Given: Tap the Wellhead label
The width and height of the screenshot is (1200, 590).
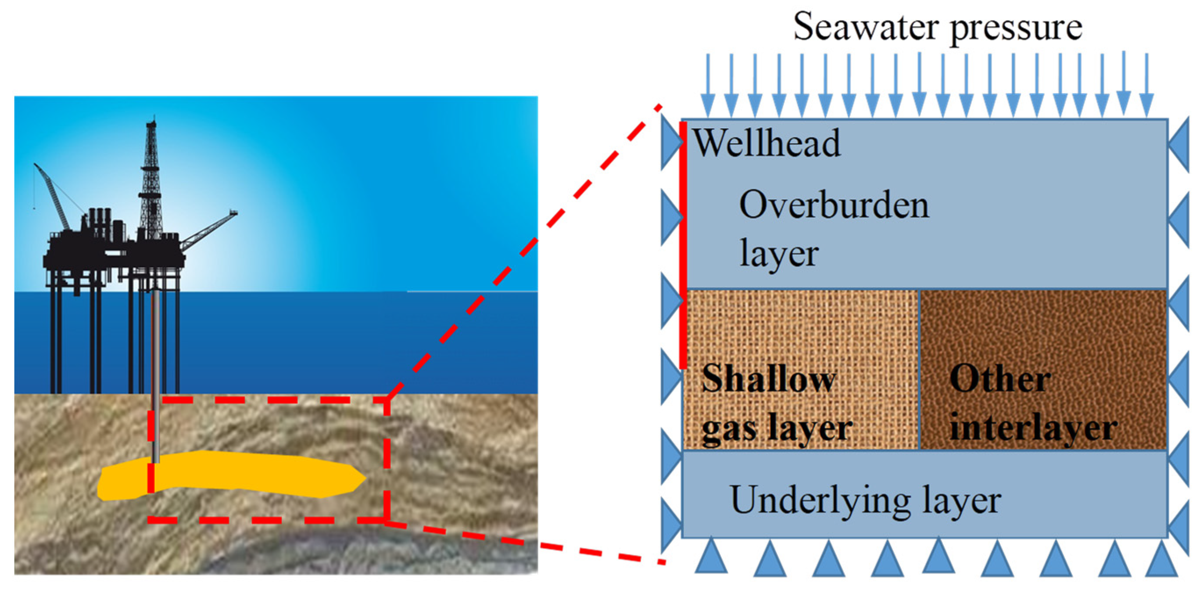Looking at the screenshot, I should (767, 143).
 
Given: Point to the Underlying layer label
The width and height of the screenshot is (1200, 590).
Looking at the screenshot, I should (865, 500).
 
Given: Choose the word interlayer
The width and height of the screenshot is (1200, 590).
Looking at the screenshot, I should (1033, 428).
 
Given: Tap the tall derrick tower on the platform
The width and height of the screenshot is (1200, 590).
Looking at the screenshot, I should (150, 182).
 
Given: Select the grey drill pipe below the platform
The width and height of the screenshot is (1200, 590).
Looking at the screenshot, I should (156, 373).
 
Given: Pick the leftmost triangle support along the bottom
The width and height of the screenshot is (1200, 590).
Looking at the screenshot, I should (711, 558).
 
